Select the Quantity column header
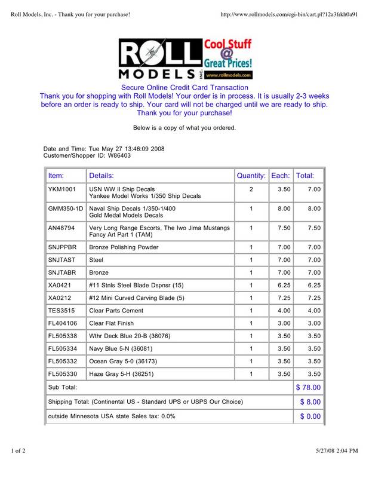click(251, 176)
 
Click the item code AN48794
click(61, 228)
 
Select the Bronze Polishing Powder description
click(124, 247)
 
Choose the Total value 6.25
click(313, 286)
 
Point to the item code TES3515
click(61, 311)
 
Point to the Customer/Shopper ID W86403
click(119, 155)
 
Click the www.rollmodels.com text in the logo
click(230, 76)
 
